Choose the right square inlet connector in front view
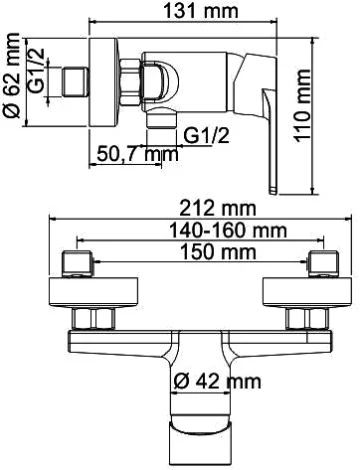(321, 265)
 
